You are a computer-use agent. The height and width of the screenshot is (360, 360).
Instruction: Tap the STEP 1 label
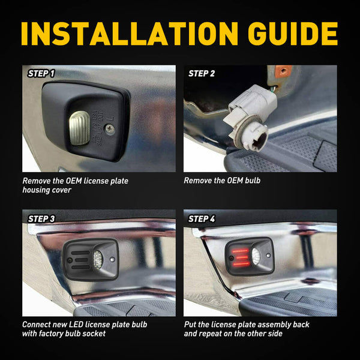coord(41,74)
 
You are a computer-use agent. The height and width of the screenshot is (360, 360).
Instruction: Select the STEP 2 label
coord(202,74)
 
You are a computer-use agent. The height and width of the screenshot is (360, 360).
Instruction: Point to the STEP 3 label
coord(41,219)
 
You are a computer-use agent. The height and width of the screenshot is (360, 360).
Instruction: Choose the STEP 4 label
coord(202,219)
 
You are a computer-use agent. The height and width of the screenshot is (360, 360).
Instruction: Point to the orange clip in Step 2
coord(283,71)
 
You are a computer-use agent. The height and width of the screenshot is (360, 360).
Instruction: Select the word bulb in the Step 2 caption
coord(250,180)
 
